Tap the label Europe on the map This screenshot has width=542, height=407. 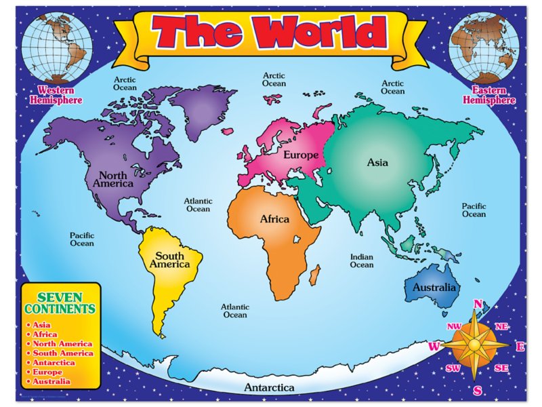pyautogui.click(x=301, y=155)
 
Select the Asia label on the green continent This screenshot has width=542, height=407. pyautogui.click(x=377, y=163)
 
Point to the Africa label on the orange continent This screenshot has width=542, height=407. pyautogui.click(x=274, y=219)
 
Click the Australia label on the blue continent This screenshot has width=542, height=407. pyautogui.click(x=434, y=288)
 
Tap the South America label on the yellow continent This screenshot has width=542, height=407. pyautogui.click(x=169, y=260)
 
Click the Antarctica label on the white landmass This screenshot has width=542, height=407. pyautogui.click(x=270, y=388)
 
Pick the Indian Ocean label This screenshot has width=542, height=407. pyautogui.click(x=362, y=260)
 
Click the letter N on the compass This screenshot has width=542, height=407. pyautogui.click(x=478, y=304)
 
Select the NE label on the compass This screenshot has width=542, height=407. pyautogui.click(x=501, y=326)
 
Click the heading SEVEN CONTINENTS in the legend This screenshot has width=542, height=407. pyautogui.click(x=60, y=303)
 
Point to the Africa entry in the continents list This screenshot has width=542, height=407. pyautogui.click(x=44, y=334)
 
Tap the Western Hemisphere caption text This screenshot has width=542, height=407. pyautogui.click(x=56, y=95)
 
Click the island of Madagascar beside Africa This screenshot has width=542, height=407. pyautogui.click(x=314, y=274)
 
